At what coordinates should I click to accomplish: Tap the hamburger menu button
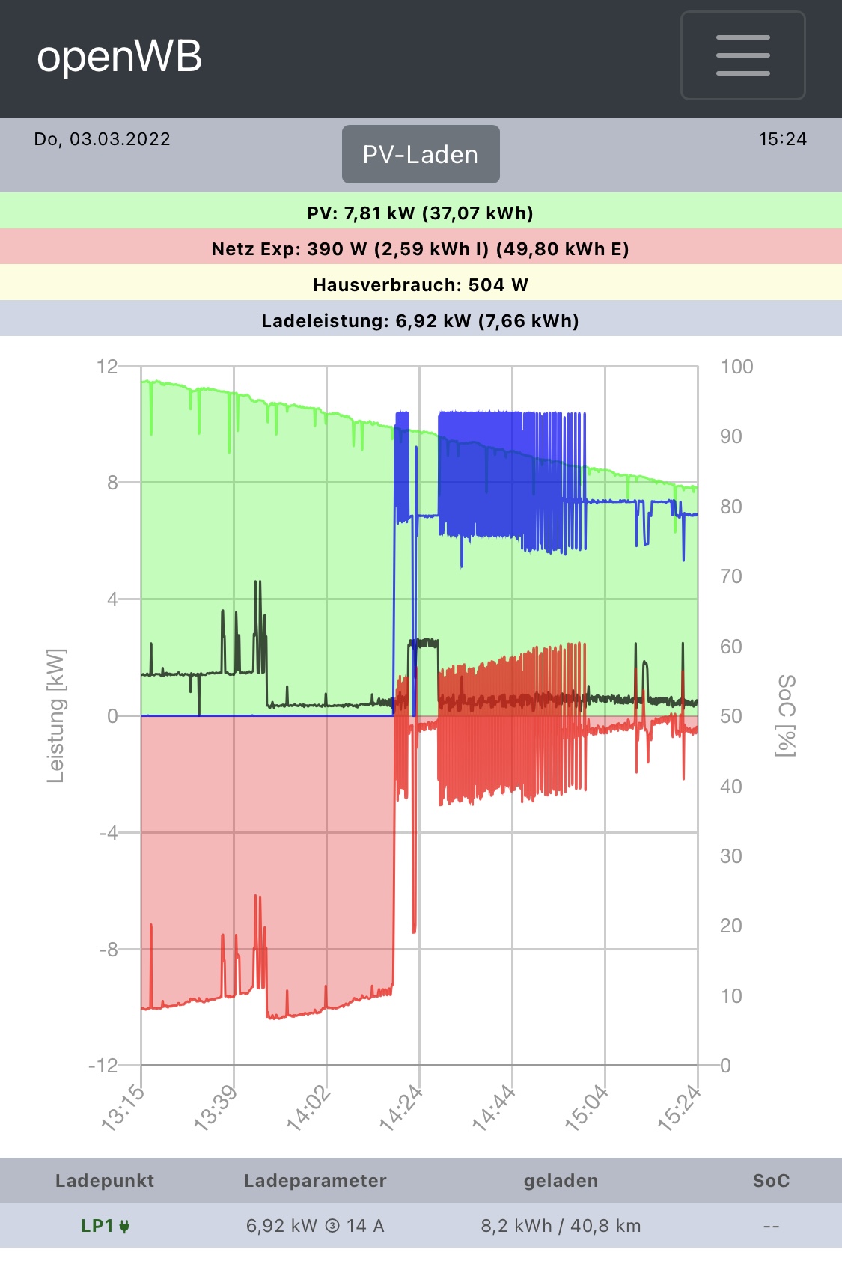(x=742, y=55)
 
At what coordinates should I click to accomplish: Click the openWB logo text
(x=120, y=57)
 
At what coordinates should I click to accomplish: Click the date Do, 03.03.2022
(x=103, y=139)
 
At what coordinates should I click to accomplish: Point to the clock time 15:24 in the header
(x=782, y=139)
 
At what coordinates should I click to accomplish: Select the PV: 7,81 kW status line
(x=421, y=213)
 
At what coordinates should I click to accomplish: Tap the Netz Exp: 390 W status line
(x=421, y=249)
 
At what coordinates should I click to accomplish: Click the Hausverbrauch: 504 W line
(x=421, y=285)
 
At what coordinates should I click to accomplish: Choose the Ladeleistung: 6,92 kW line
(x=421, y=321)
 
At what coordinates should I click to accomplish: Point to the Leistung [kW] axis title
(x=56, y=715)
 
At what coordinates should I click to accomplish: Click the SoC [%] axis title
(x=786, y=715)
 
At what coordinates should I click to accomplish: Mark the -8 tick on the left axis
(x=109, y=949)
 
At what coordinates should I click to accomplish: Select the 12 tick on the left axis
(x=107, y=367)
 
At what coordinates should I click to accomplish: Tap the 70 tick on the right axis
(x=731, y=576)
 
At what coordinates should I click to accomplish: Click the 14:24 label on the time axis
(x=402, y=1108)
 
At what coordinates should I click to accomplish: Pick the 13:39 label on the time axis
(x=216, y=1108)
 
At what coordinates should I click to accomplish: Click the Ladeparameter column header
(x=315, y=1181)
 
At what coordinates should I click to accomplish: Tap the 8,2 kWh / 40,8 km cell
(x=561, y=1226)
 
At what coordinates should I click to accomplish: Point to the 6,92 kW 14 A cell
(x=315, y=1226)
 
